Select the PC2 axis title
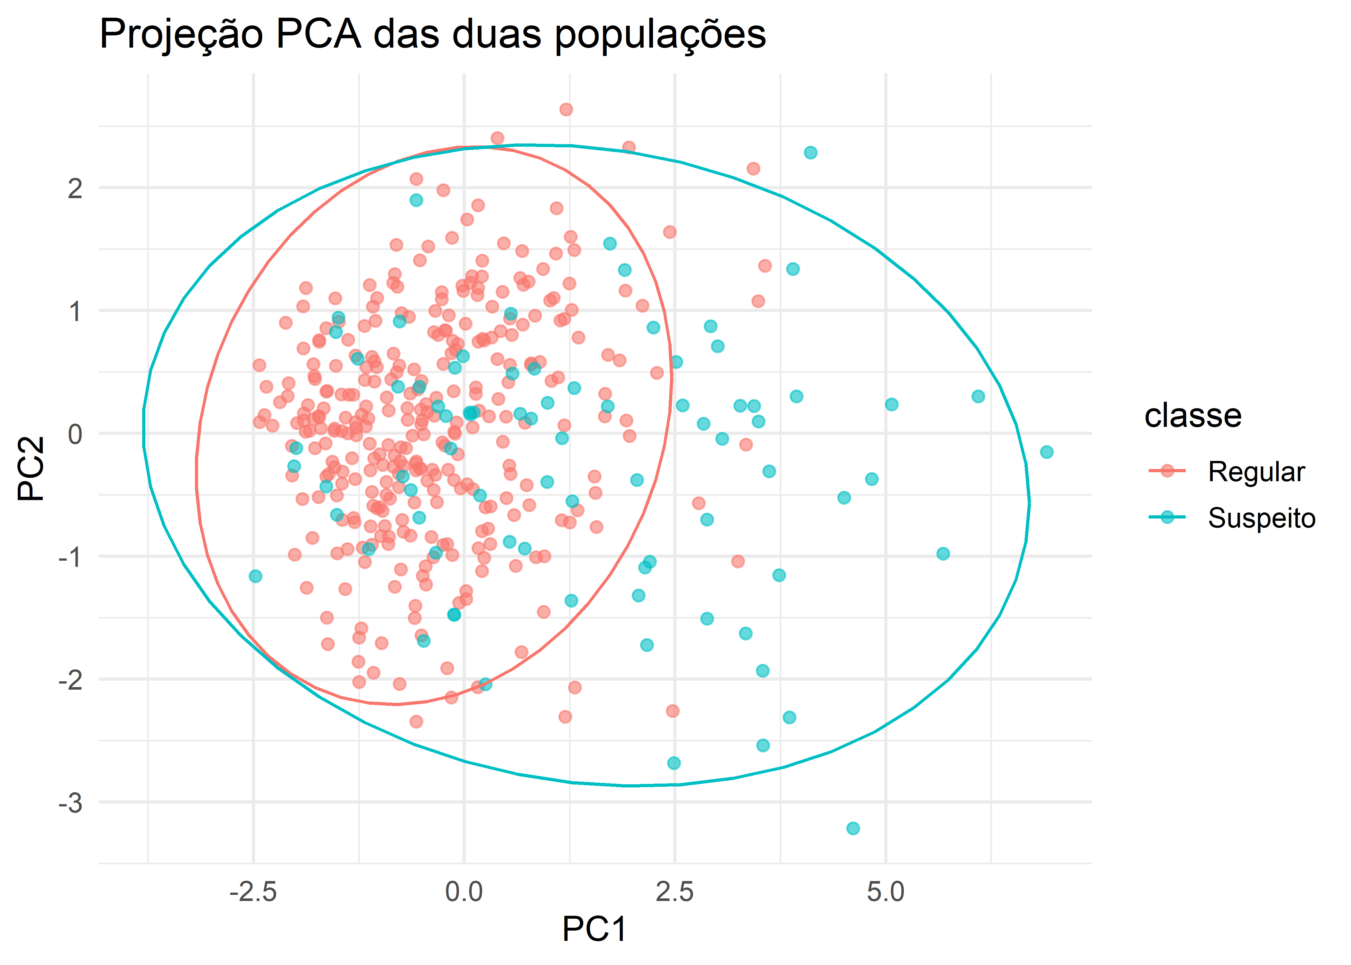31,468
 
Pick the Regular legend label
1256,472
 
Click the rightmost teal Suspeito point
1047,452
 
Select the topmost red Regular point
566,109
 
